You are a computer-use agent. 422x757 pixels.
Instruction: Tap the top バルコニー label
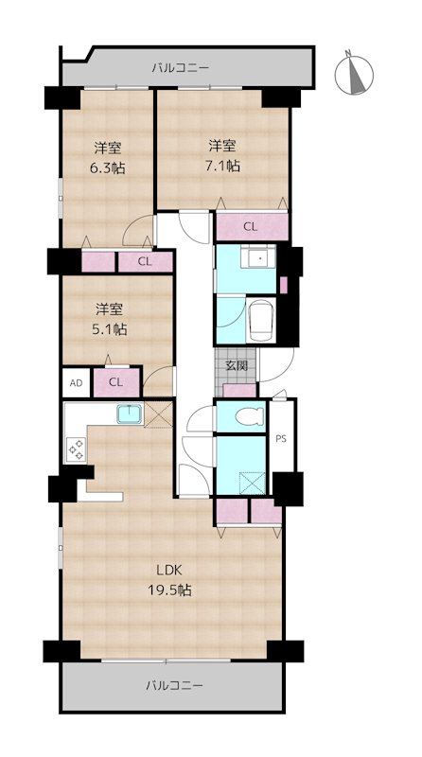[179, 68]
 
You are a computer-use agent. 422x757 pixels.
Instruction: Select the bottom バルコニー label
[174, 684]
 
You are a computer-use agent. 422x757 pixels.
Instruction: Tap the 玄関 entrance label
[237, 365]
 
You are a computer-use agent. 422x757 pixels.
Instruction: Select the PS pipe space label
[281, 438]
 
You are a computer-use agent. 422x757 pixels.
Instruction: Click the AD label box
[76, 382]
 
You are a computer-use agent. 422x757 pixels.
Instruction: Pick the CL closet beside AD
[114, 382]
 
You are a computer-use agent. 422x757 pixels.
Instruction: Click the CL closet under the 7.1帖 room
[250, 226]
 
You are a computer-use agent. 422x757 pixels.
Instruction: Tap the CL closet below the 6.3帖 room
[144, 261]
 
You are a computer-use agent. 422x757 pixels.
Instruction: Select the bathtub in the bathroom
[258, 324]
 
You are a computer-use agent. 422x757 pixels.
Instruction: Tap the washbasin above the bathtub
[256, 258]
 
